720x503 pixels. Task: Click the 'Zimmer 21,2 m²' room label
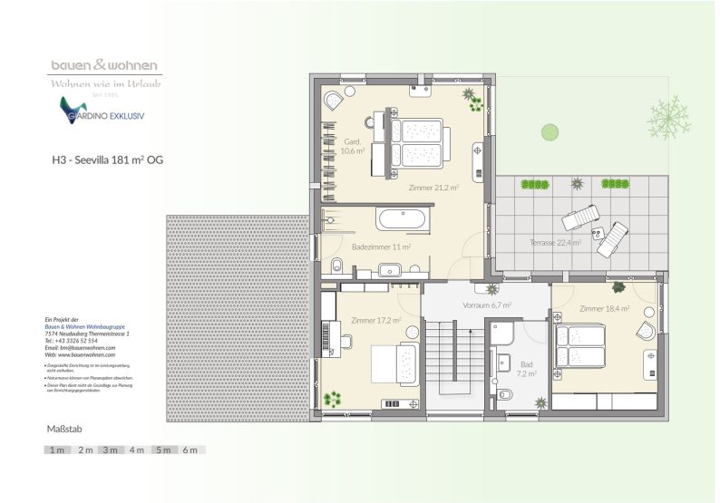(x=433, y=188)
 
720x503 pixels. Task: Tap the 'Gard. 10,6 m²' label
(x=354, y=147)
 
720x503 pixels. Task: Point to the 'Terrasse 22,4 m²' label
(x=555, y=243)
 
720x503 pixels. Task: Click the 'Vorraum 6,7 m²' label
(x=488, y=305)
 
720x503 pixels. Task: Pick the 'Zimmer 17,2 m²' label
(x=376, y=320)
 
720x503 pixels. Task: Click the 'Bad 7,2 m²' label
(x=528, y=367)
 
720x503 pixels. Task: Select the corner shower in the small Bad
(x=502, y=336)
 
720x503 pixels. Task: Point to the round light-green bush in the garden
(x=550, y=132)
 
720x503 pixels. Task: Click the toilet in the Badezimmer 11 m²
(x=336, y=266)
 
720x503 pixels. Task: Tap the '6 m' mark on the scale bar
(x=190, y=450)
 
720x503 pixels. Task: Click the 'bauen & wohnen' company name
(x=104, y=65)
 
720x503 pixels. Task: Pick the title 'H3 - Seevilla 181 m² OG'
(x=107, y=160)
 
